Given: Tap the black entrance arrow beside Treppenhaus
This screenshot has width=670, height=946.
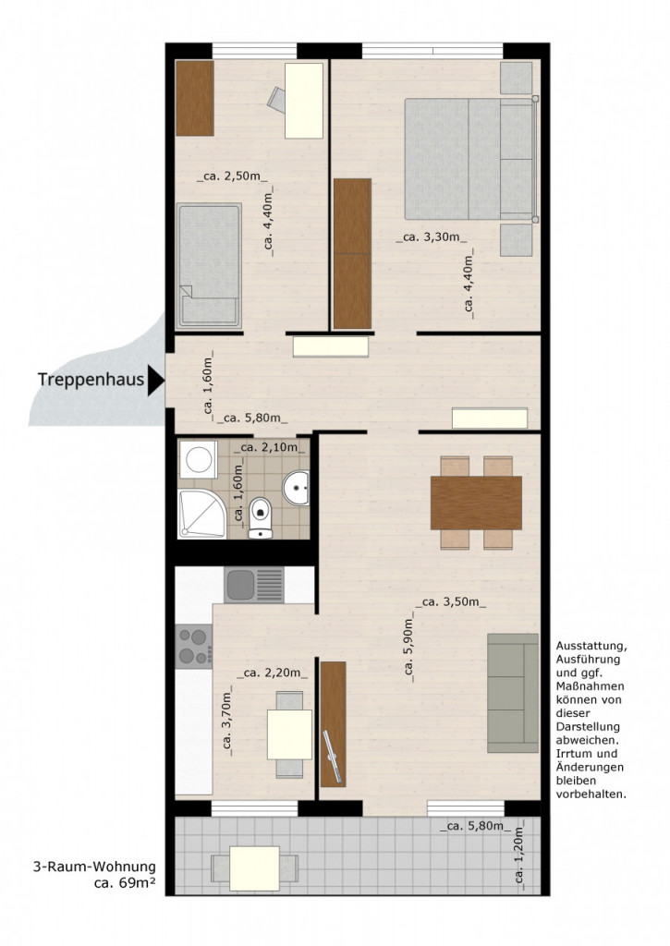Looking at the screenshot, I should pyautogui.click(x=155, y=379).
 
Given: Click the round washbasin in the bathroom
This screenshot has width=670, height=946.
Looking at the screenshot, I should pyautogui.click(x=297, y=488).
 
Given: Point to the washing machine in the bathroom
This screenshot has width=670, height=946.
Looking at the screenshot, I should pyautogui.click(x=199, y=458).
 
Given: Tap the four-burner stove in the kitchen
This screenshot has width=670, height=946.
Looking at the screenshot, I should pyautogui.click(x=193, y=646).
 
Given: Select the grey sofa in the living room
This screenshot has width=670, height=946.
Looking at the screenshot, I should pyautogui.click(x=512, y=693).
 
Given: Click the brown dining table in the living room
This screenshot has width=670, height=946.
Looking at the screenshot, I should pyautogui.click(x=476, y=503).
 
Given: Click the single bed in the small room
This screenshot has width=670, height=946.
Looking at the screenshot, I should pyautogui.click(x=210, y=265).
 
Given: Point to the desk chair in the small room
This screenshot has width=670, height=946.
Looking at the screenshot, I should pyautogui.click(x=278, y=98).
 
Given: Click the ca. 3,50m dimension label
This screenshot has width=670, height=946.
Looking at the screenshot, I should pyautogui.click(x=451, y=602).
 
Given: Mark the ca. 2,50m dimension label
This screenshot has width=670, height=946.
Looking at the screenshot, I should pyautogui.click(x=232, y=176).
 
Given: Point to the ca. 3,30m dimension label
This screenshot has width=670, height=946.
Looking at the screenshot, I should pyautogui.click(x=432, y=237).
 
